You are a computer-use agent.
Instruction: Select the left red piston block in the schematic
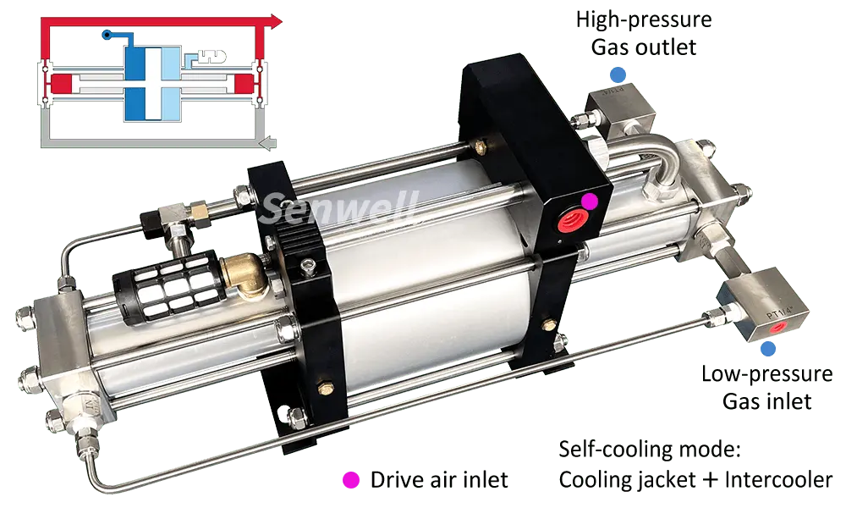tap(58, 83)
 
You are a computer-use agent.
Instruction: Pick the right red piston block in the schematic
tap(244, 83)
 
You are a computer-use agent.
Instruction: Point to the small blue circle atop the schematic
tap(105, 35)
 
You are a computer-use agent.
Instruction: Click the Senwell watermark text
tap(338, 207)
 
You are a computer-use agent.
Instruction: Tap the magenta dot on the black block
tap(591, 201)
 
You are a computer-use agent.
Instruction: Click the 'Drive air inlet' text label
tap(439, 479)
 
